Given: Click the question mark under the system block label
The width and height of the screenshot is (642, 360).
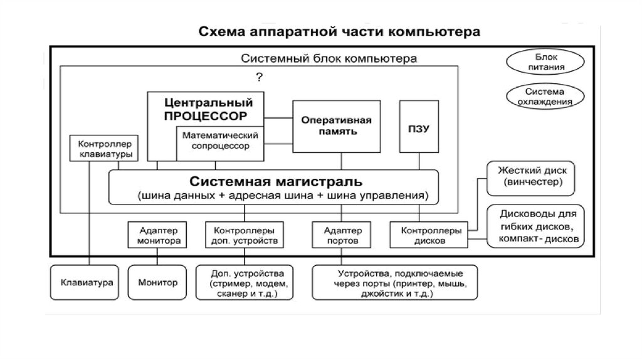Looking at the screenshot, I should (x=258, y=77).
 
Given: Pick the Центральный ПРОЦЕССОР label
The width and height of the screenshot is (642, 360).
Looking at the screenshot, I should (x=204, y=109).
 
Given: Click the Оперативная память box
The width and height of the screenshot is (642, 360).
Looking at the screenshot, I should (x=337, y=126).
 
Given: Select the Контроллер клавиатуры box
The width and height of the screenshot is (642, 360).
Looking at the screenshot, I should (x=100, y=149).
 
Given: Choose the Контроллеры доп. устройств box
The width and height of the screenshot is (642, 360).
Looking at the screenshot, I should (x=243, y=235).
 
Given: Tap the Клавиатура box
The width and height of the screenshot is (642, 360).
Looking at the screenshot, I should (x=87, y=282).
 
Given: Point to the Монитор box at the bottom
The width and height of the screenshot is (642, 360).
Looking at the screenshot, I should (x=157, y=282).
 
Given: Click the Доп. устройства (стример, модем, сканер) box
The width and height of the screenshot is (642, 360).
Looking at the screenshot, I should (x=248, y=283).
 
